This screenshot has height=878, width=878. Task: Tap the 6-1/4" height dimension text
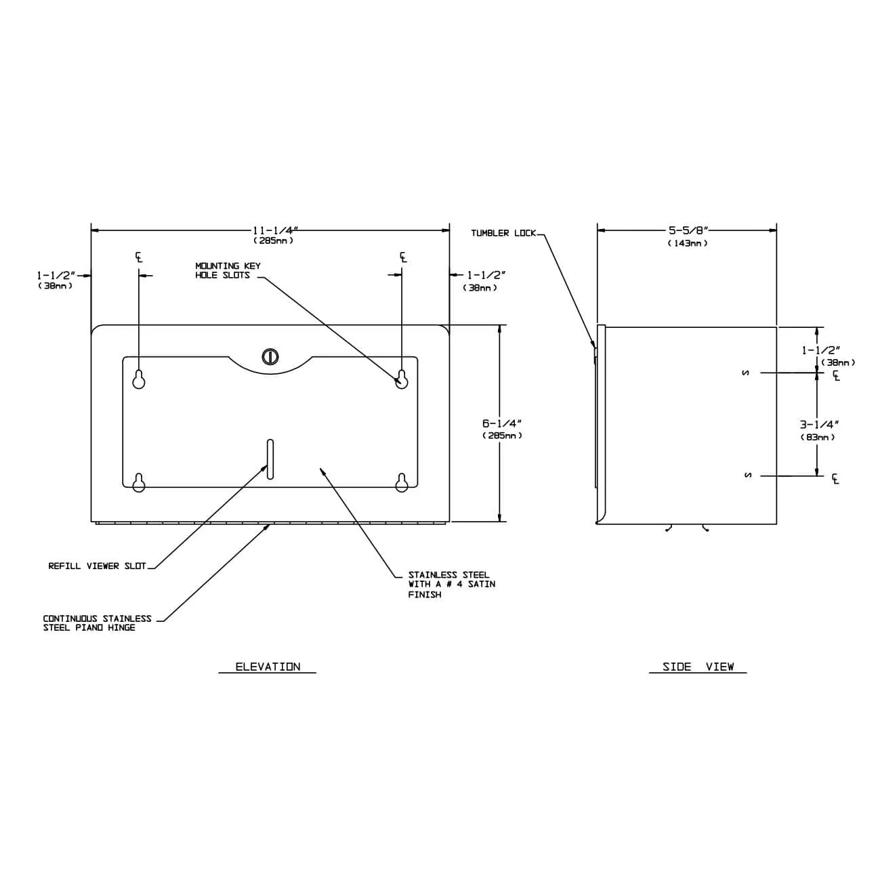tap(501, 423)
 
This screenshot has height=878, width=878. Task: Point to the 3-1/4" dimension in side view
tap(819, 425)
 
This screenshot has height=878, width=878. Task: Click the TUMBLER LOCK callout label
tap(503, 234)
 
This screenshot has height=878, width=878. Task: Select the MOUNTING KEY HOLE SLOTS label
tap(228, 271)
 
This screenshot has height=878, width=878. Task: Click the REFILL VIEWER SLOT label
tap(97, 566)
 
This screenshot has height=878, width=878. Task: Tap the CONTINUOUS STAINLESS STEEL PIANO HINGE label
tap(97, 623)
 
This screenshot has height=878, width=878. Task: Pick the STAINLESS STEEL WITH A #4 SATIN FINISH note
tap(451, 585)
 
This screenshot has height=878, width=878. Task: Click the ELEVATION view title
tap(268, 667)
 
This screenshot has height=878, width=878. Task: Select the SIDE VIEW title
tap(698, 667)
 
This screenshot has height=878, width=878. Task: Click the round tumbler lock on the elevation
tap(269, 356)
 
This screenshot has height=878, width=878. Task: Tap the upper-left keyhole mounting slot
tap(139, 380)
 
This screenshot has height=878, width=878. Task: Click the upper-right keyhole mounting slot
tap(402, 379)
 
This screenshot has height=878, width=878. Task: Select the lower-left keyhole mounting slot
tap(139, 483)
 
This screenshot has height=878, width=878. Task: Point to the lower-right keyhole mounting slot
tap(402, 482)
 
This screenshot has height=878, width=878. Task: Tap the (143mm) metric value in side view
tap(688, 243)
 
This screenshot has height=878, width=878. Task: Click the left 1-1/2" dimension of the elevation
tap(56, 276)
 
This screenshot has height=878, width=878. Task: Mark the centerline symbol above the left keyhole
tap(139, 257)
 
